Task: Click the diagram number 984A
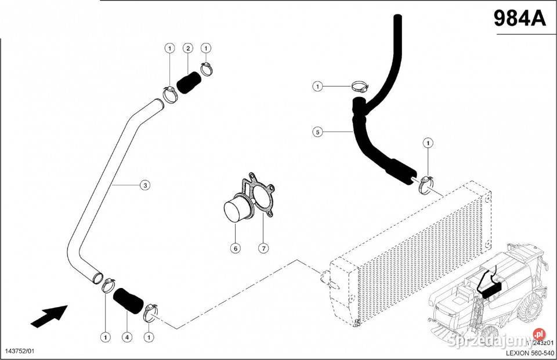[x=520, y=19]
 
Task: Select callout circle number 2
[x=188, y=48]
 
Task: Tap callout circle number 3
[x=145, y=185]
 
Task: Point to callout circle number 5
[x=317, y=132]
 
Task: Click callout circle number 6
[x=235, y=249]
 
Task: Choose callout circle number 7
[x=263, y=249]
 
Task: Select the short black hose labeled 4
[x=128, y=300]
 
